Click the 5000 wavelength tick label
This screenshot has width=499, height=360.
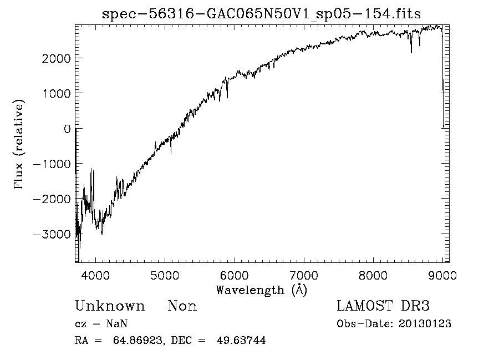[165, 275]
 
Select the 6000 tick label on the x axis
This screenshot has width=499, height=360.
[235, 275]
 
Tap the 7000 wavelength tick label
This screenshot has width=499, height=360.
[304, 275]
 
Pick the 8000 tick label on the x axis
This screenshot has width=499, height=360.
[373, 275]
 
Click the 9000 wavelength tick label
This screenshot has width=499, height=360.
[442, 275]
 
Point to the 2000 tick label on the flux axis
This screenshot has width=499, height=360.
[56, 58]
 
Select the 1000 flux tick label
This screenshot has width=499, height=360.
[56, 93]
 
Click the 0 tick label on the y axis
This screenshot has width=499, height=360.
[67, 129]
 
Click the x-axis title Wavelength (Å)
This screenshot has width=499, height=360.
[261, 290]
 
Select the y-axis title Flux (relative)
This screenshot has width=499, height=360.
[20, 145]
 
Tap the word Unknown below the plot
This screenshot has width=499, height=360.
[110, 306]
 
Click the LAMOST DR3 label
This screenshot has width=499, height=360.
[383, 306]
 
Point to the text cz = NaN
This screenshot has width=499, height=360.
[103, 324]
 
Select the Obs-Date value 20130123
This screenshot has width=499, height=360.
[425, 324]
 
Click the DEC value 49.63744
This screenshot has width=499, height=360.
[242, 341]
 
